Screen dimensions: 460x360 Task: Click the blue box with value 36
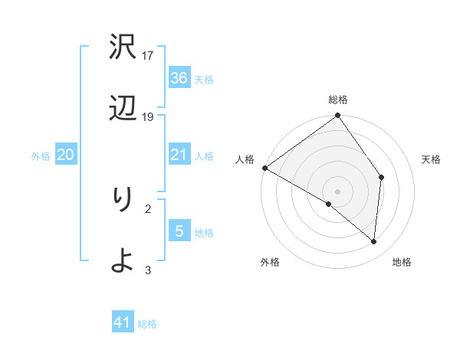point(179,78)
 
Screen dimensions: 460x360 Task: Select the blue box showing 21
point(179,155)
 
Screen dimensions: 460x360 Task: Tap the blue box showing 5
point(179,231)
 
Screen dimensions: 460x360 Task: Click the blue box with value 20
point(66,155)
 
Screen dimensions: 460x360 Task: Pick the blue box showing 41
point(123,322)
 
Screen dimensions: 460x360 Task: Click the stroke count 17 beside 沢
point(148,55)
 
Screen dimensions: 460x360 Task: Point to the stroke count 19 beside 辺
point(148,116)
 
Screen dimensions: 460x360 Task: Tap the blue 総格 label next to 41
point(147,324)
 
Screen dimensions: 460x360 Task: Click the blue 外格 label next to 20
point(41,156)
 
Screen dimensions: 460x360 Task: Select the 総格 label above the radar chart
point(338,100)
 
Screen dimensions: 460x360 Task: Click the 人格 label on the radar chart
point(245,159)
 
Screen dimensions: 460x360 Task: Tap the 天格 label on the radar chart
point(431,159)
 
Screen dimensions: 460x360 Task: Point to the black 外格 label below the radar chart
point(270,262)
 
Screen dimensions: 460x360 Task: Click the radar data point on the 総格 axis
point(338,116)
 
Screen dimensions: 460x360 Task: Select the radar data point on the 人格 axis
point(264,168)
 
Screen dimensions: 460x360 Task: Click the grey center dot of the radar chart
point(338,191)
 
